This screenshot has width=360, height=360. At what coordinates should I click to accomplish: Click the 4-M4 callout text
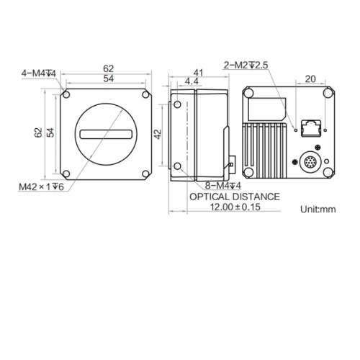[39, 73]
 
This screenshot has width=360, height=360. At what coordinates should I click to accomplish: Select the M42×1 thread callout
[41, 186]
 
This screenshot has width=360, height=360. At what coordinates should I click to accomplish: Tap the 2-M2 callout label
[246, 65]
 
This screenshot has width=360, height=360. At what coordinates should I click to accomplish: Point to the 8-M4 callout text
[223, 186]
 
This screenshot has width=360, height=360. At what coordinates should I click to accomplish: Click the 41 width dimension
[198, 73]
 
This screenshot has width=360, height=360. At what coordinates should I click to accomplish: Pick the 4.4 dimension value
[192, 81]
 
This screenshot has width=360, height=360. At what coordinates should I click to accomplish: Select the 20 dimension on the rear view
[310, 78]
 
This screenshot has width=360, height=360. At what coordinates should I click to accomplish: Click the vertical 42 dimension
[158, 134]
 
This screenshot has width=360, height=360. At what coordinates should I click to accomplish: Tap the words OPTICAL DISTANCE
[235, 197]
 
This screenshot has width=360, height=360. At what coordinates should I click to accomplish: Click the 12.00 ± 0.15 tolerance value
[235, 207]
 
